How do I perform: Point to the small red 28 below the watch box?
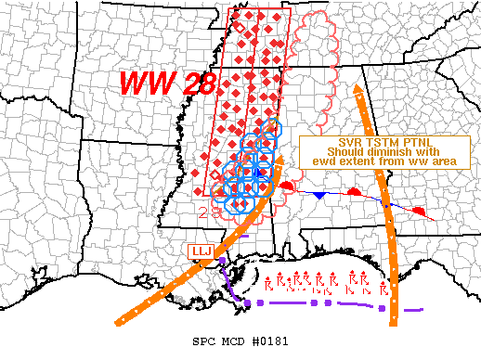209,212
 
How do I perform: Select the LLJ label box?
202,251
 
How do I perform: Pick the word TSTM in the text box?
370,144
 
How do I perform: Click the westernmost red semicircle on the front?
288,187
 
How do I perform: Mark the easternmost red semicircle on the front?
420,212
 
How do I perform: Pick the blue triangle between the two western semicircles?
318,196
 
